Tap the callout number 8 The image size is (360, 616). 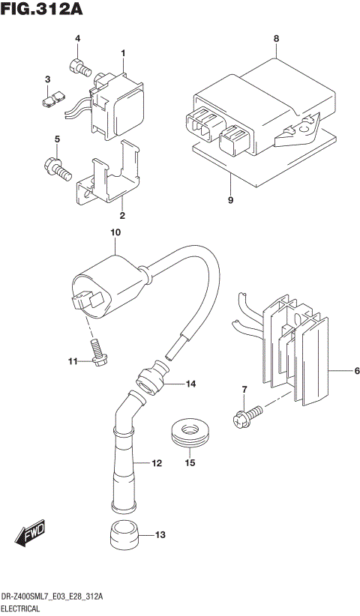pos(276,38)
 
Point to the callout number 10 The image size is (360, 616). pos(115,233)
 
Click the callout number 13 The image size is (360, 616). pos(160,535)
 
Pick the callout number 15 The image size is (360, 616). pos(190,463)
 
